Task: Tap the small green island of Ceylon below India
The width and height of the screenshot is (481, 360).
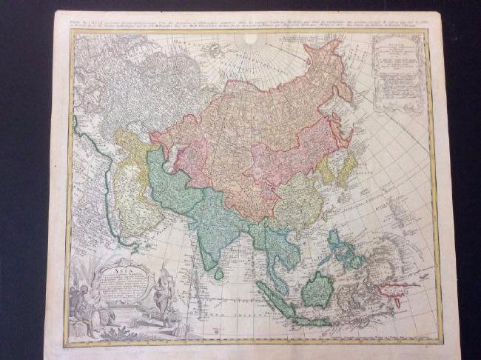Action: coord(219,273)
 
